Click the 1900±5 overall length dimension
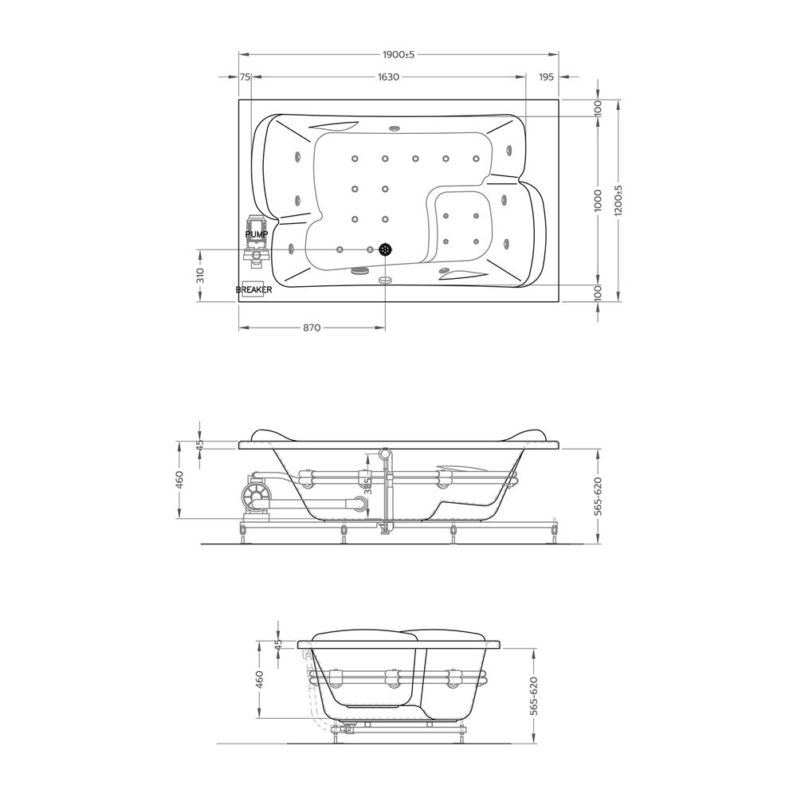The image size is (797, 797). click(x=399, y=54)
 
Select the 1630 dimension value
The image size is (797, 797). click(x=388, y=77)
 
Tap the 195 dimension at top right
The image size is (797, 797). click(x=546, y=77)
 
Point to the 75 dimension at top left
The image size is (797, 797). click(x=245, y=77)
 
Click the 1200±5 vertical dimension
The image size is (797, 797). click(x=618, y=200)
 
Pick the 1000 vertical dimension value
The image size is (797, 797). click(x=598, y=200)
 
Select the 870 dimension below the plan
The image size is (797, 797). click(x=312, y=328)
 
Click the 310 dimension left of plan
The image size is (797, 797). click(x=200, y=276)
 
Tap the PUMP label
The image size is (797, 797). click(x=256, y=234)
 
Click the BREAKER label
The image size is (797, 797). click(x=253, y=290)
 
